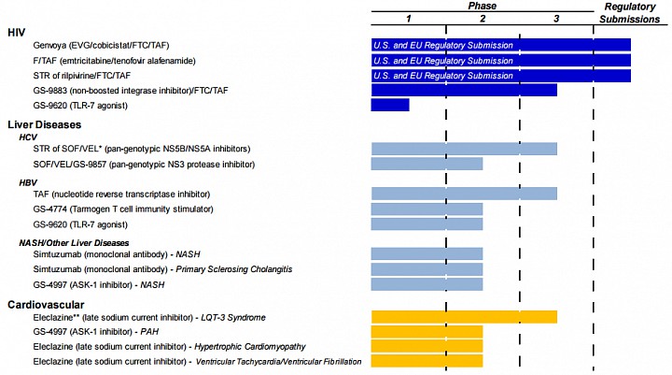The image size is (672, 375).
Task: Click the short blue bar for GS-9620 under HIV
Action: click(x=390, y=105)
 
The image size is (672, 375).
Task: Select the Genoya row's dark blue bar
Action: click(x=501, y=45)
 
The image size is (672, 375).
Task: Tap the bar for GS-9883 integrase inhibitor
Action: click(x=464, y=90)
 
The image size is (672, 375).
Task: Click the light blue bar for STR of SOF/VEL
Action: click(x=464, y=149)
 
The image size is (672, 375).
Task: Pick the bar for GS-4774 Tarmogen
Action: click(x=427, y=209)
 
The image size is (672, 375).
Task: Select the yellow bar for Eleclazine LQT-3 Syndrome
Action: click(x=464, y=317)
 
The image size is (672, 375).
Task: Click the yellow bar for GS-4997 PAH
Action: click(x=427, y=332)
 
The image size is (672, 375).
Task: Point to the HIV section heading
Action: click(x=16, y=32)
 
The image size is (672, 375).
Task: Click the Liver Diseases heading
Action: click(x=44, y=124)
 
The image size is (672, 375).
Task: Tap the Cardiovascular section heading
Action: click(x=46, y=305)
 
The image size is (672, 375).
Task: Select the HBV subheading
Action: click(x=28, y=182)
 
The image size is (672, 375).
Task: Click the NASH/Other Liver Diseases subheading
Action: click(x=74, y=243)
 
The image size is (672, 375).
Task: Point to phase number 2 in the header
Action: click(x=483, y=19)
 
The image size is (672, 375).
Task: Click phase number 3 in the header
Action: click(x=556, y=19)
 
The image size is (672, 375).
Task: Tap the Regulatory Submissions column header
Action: click(x=630, y=13)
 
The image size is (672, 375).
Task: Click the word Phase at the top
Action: click(x=483, y=6)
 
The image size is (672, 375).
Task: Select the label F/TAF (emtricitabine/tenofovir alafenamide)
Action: click(x=114, y=61)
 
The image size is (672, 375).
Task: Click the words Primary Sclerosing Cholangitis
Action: click(x=234, y=269)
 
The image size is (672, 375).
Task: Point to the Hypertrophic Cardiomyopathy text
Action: click(x=250, y=347)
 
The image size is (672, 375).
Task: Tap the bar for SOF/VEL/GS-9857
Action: click(x=427, y=164)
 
